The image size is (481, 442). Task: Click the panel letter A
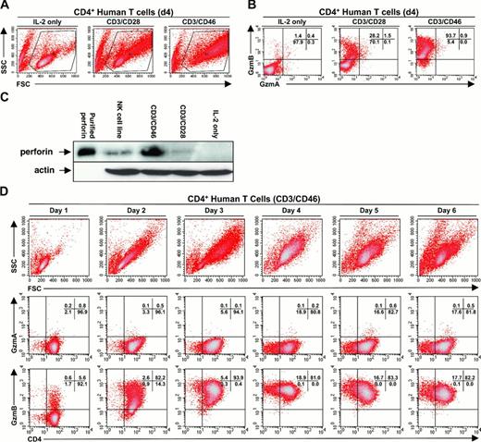(x=6, y=6)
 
